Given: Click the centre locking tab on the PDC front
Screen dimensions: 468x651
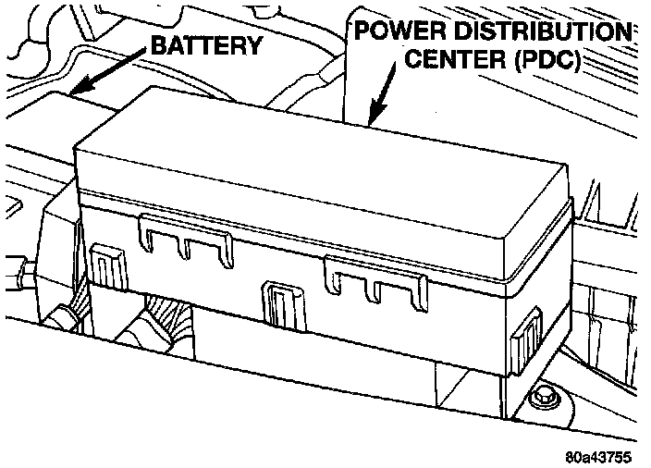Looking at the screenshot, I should click(277, 302).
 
